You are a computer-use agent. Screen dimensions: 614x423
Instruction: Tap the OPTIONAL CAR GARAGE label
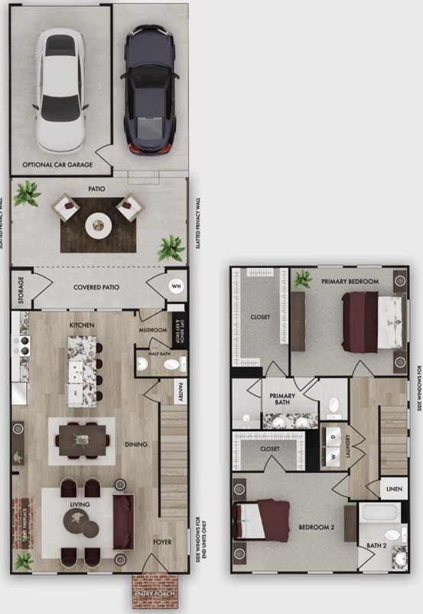coord(57,165)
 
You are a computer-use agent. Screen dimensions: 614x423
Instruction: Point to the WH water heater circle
coord(175,287)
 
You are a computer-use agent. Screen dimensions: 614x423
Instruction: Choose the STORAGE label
coord(20,289)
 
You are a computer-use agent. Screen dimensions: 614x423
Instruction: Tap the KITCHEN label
coord(82,325)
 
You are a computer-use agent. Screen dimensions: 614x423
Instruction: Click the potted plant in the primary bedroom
coord(303,279)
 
